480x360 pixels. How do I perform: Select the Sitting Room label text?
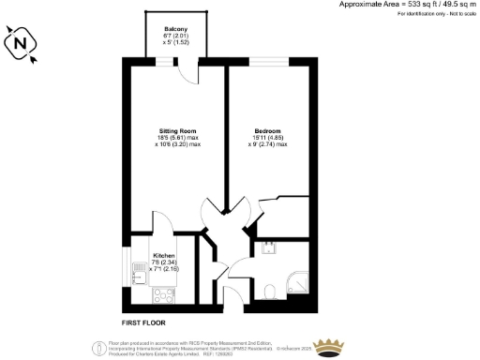coord(174,131)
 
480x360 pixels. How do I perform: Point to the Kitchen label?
coord(164,254)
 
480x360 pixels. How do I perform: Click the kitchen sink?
coord(139,275)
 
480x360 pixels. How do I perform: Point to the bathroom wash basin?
coord(269,248)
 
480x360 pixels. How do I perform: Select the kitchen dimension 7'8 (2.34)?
coord(164,262)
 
